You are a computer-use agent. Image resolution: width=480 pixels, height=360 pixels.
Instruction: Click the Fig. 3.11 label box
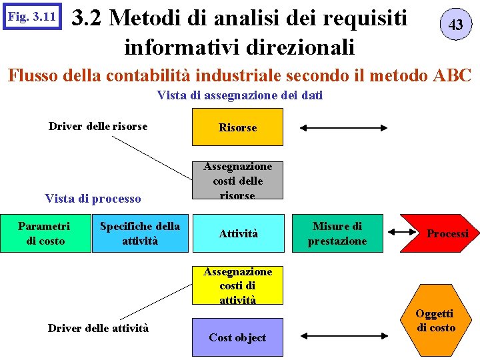tap(31, 17)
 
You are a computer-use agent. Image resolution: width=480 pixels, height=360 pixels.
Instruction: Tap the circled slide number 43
tap(456, 25)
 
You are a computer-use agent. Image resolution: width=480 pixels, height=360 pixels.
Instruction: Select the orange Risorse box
tap(237, 127)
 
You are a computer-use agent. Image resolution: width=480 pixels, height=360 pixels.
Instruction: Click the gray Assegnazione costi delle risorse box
tap(237, 180)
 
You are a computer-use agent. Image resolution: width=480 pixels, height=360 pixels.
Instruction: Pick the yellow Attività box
tap(237, 233)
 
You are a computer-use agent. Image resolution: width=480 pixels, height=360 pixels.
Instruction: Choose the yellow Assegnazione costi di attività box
tap(237, 285)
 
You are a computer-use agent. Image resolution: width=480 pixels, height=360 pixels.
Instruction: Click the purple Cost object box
tap(237, 337)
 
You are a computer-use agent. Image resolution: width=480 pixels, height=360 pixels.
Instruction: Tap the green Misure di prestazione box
tap(337, 233)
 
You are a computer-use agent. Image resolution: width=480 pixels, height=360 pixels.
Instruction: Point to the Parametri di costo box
tap(45, 233)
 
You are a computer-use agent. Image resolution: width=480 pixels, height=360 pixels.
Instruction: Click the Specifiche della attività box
tap(140, 233)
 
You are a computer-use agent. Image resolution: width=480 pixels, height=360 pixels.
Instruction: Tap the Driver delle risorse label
tap(98, 126)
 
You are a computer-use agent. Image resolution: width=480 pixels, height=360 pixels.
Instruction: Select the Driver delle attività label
tap(98, 327)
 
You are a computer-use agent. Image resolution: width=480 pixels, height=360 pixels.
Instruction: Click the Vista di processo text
tap(93, 199)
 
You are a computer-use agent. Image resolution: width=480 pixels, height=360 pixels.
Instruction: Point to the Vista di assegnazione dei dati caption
tap(240, 95)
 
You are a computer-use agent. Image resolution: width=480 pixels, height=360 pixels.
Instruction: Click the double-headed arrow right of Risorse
tap(344, 127)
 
